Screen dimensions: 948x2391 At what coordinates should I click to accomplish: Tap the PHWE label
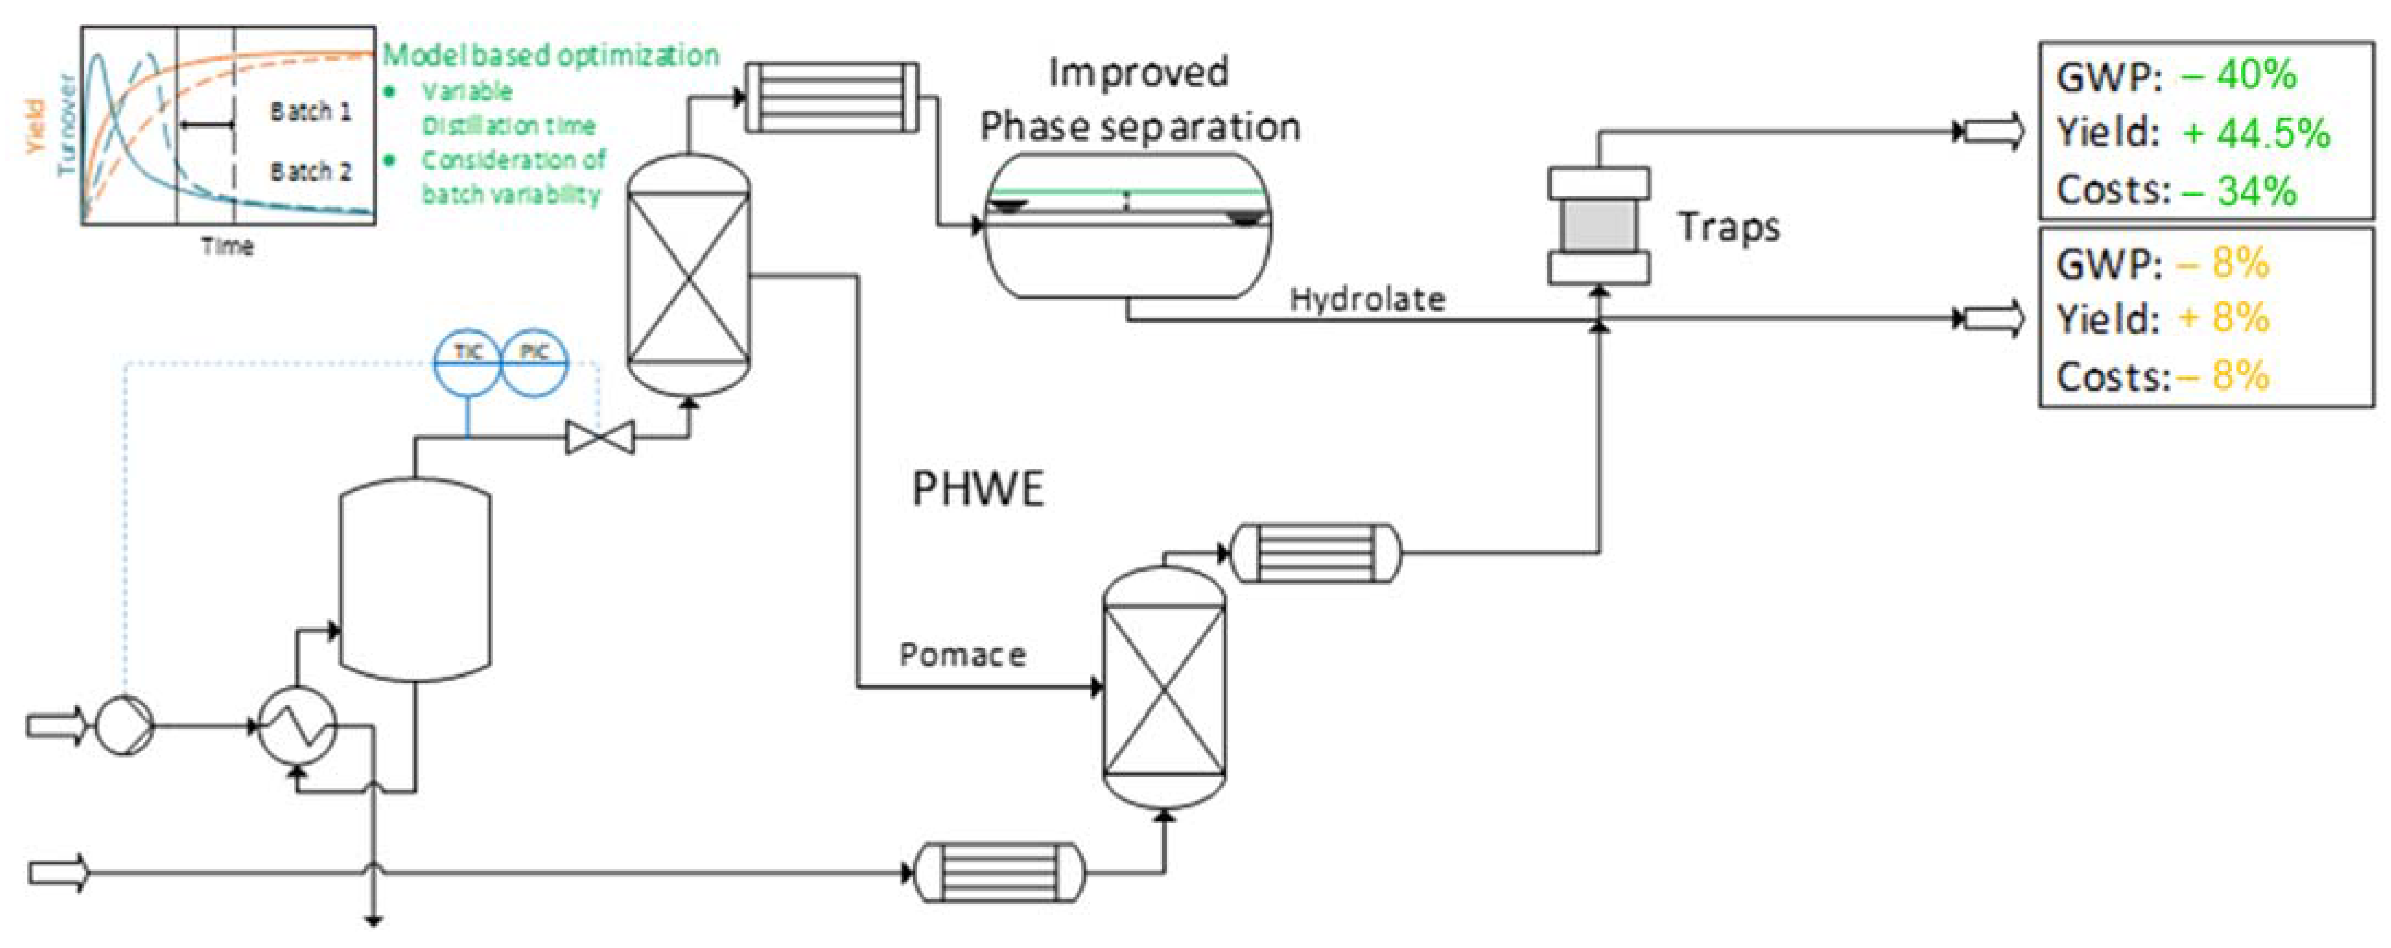(x=978, y=488)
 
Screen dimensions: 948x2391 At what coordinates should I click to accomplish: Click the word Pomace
(x=962, y=655)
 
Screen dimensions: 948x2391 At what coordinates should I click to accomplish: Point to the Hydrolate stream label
(x=1367, y=299)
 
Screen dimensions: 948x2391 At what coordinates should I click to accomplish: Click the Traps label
(x=1728, y=226)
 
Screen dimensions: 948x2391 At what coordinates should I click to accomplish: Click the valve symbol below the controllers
(x=600, y=437)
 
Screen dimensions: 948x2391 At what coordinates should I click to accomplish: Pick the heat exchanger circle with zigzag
(x=297, y=727)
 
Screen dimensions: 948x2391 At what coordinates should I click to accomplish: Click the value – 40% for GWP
(x=2239, y=74)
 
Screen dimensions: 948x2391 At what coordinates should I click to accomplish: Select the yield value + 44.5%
(x=2255, y=133)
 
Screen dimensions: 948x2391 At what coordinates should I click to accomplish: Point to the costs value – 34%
(x=2239, y=190)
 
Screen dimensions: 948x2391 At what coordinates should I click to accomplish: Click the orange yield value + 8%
(x=2224, y=318)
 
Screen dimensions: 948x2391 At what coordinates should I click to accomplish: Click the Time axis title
(x=227, y=246)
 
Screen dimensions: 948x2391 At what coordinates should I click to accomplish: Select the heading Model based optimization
(x=551, y=55)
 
